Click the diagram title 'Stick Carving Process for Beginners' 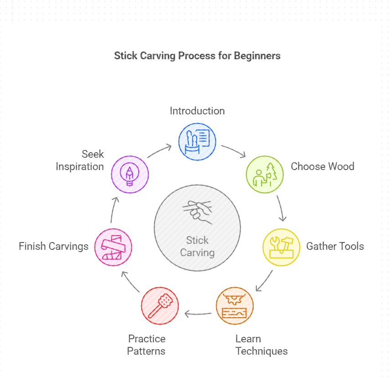[197, 56]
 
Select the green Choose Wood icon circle [265, 174]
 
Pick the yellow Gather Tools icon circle [282, 247]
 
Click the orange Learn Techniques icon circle [235, 305]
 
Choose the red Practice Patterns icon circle [160, 305]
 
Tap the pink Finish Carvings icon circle [113, 247]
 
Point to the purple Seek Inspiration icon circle [130, 174]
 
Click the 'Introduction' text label [197, 111]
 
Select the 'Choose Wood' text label [323, 166]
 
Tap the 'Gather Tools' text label [335, 247]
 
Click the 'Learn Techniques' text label [261, 345]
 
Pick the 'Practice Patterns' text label [146, 345]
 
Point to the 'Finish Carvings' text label [53, 247]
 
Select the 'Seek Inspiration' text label [80, 160]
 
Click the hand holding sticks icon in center [198, 212]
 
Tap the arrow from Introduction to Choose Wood [234, 151]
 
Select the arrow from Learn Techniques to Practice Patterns [198, 314]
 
